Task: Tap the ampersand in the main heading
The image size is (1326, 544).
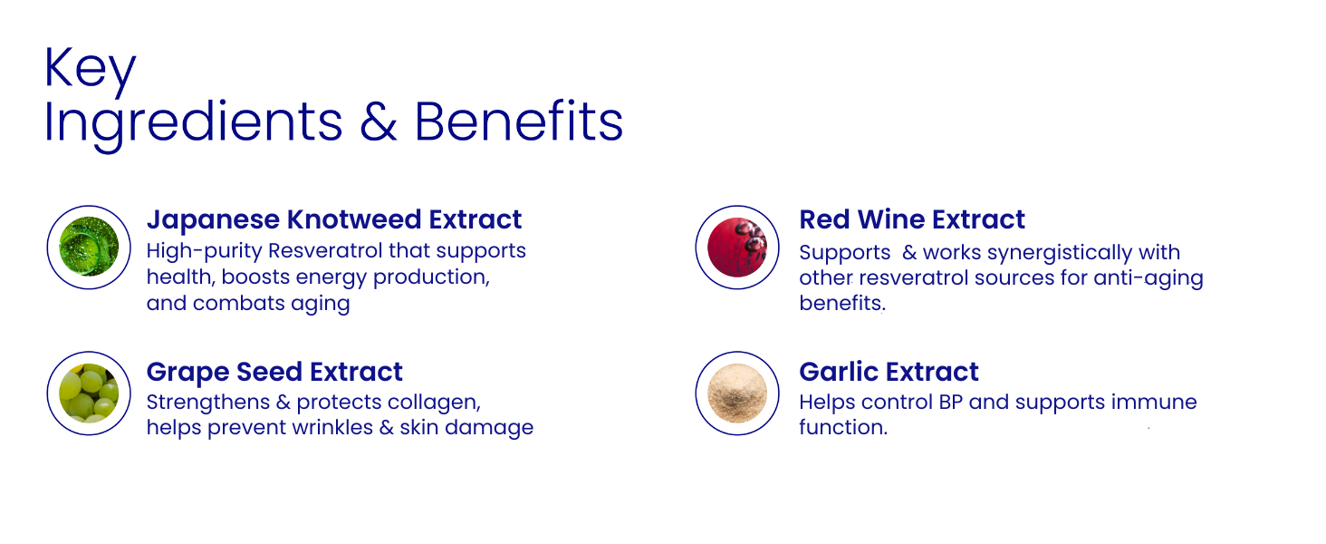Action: (x=379, y=121)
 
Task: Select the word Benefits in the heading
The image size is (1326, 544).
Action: (x=519, y=121)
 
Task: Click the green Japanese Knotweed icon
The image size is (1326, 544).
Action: (x=89, y=247)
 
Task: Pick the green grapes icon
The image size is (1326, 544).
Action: (x=89, y=393)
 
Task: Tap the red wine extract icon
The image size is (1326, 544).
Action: (x=737, y=248)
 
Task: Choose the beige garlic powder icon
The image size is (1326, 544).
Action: (x=737, y=393)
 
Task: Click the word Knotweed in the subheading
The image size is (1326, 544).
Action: (x=354, y=219)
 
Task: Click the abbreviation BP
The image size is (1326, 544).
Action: (x=951, y=403)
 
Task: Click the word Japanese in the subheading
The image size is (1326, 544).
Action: (x=213, y=220)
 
